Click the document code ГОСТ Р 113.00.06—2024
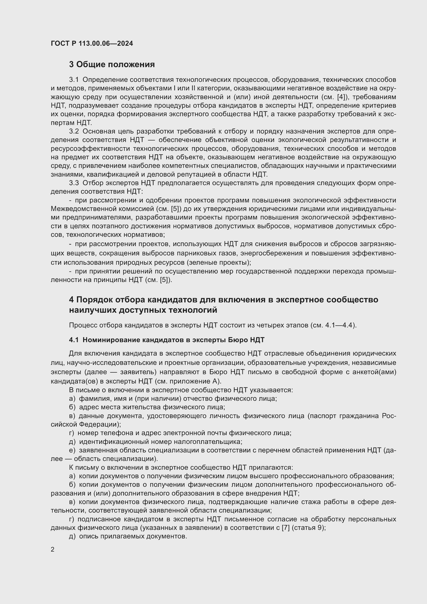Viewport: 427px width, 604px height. coord(92,43)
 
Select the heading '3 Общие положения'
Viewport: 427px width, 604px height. coord(112,65)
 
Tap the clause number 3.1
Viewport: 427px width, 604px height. coord(74,80)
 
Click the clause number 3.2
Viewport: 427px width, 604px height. coord(74,131)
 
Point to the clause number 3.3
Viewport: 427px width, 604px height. coord(74,183)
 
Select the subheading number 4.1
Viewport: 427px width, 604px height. coord(74,340)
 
